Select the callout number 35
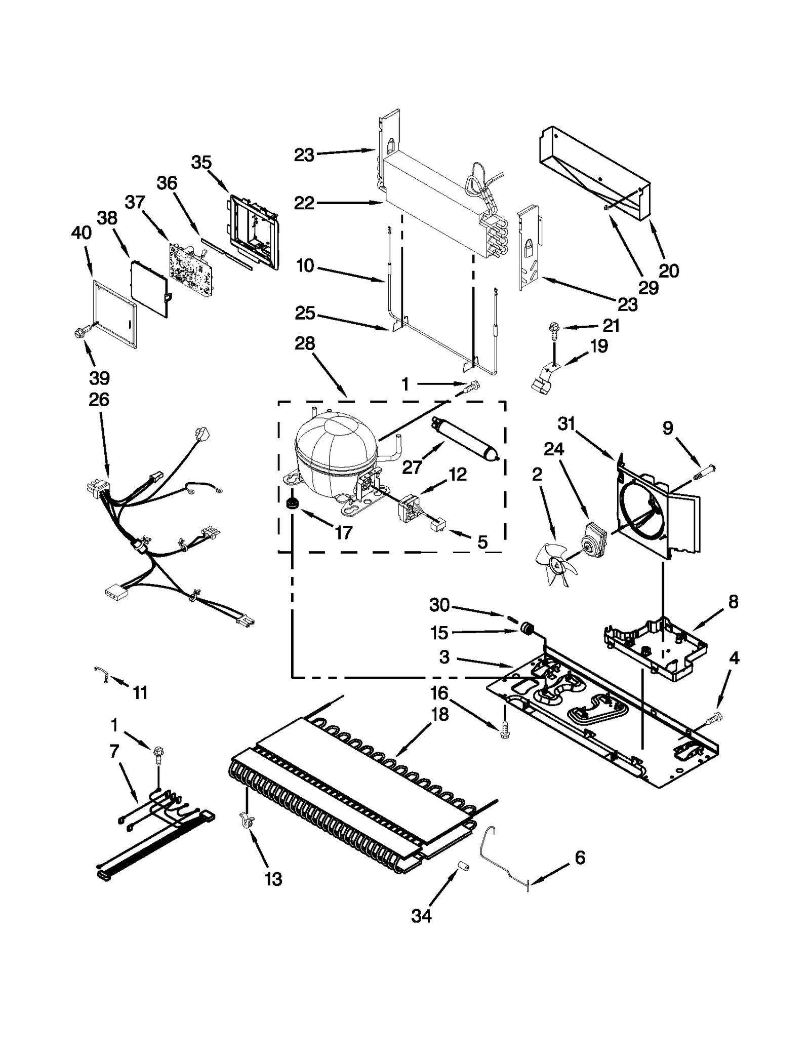[x=201, y=163]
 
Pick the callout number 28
[x=305, y=344]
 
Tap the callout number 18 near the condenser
[x=440, y=715]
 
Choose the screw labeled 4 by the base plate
[x=716, y=717]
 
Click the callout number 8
[x=733, y=602]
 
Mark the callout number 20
[x=668, y=271]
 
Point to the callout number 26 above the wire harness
[x=99, y=400]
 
